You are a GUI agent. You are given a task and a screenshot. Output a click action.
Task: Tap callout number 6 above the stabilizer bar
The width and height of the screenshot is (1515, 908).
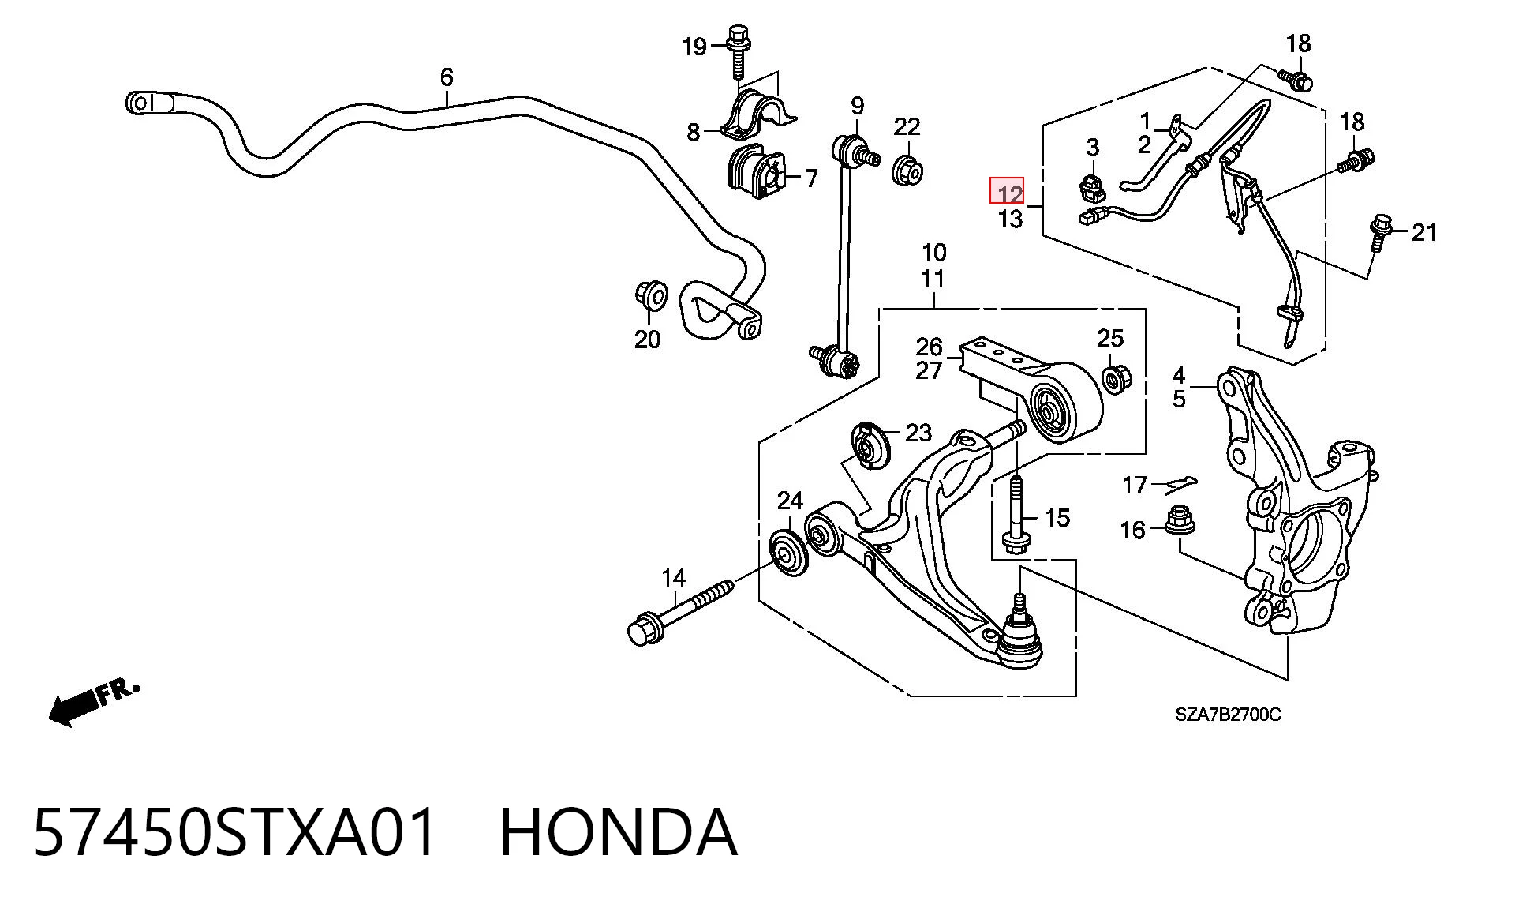(447, 77)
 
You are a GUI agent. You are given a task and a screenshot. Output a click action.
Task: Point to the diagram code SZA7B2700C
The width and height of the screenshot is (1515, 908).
(1228, 715)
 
